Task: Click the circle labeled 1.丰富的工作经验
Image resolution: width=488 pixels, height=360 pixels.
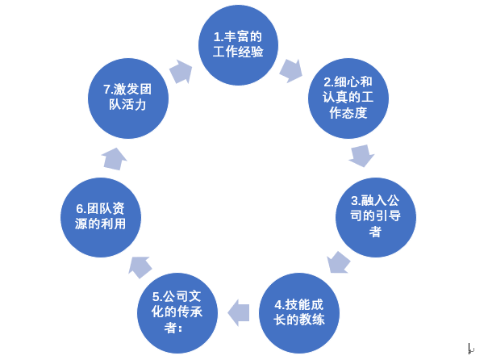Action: point(238,45)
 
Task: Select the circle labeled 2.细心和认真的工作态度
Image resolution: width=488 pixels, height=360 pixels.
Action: point(348,98)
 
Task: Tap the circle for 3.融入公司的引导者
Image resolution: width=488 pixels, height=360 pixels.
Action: point(376,217)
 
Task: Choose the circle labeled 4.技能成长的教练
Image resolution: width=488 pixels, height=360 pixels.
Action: point(299,313)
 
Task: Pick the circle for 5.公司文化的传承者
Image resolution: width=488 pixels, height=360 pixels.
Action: point(177,313)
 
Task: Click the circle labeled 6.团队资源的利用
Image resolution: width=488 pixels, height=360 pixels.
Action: point(101,217)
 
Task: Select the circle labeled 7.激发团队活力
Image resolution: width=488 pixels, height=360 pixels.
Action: point(128,98)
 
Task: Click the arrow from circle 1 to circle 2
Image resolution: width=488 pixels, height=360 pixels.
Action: point(291,71)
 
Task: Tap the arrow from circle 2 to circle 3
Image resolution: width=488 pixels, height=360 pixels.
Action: point(361,156)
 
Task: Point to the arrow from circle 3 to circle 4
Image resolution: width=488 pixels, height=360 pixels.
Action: point(338,263)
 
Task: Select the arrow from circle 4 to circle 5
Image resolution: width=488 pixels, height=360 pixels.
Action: point(239,312)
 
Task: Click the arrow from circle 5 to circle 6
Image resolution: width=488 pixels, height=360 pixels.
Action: point(140,267)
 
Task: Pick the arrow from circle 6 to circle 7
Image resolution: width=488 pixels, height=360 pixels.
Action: point(115,159)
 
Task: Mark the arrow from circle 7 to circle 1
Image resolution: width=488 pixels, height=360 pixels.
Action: point(181,71)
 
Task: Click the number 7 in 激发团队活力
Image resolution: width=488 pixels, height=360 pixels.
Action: point(106,90)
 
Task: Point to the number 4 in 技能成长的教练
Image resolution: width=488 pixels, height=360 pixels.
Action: point(278,304)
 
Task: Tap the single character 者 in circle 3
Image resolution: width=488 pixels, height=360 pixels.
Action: point(375,232)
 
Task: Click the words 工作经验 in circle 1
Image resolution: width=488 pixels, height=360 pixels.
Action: point(238,52)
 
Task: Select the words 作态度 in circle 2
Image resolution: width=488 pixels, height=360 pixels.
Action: point(348,113)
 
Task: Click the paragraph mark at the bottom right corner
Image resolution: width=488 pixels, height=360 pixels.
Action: point(471,349)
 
